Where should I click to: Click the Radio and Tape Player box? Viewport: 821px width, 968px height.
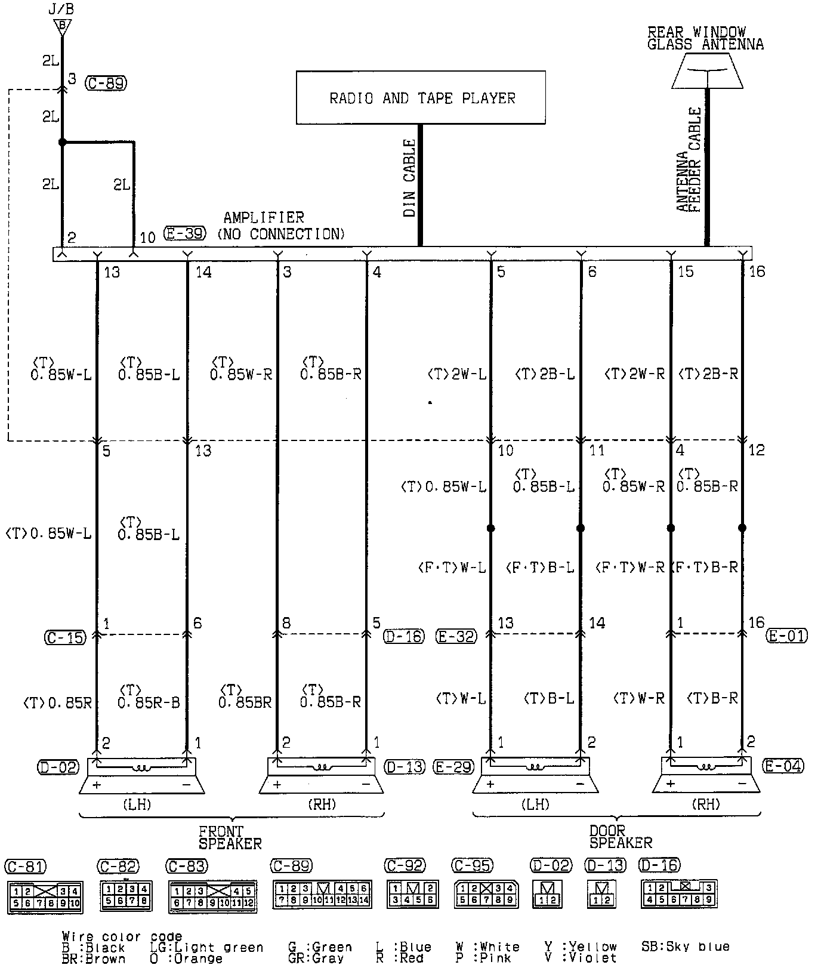[421, 97]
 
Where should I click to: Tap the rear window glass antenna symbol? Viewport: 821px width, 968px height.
[707, 70]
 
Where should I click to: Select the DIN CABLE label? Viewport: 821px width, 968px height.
[409, 178]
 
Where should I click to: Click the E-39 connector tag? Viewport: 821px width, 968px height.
[186, 233]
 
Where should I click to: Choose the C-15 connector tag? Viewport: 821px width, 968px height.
[64, 637]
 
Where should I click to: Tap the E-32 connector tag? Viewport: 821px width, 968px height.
[457, 637]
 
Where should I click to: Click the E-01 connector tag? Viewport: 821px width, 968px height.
[786, 636]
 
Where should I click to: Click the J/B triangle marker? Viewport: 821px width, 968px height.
[62, 27]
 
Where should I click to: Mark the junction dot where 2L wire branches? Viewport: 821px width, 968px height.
[62, 143]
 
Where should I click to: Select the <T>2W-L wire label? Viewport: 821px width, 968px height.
[457, 374]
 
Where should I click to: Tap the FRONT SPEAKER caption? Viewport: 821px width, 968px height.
[230, 837]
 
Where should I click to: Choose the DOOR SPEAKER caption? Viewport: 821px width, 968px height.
[621, 836]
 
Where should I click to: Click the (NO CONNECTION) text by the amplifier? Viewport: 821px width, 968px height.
[280, 234]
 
